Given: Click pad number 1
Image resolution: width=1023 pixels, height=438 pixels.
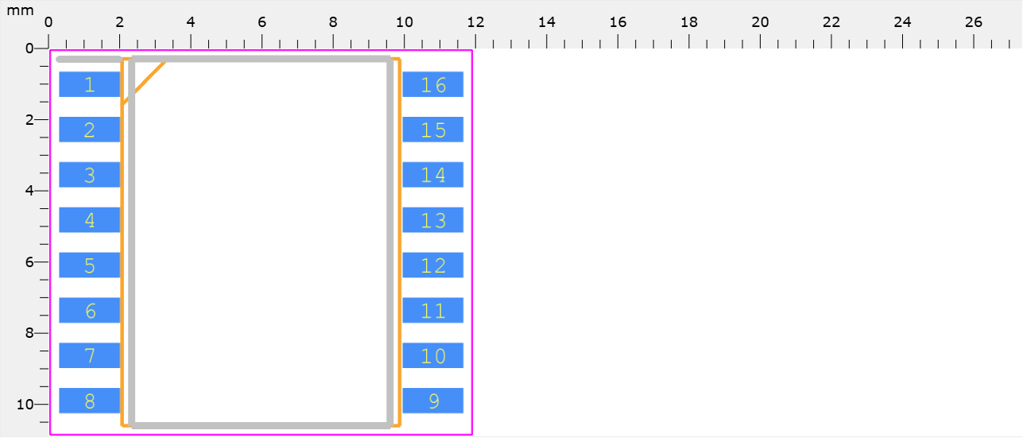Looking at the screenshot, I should coord(90,84).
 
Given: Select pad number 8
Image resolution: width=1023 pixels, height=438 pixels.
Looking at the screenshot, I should coord(90,401).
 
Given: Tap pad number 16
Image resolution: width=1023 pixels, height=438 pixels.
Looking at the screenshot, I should coord(433,84).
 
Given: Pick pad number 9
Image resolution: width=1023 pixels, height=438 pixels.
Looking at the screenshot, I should coord(433,401).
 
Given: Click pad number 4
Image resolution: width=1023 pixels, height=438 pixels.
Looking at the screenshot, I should coord(90,220).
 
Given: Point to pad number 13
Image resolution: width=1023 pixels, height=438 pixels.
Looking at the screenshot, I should coord(433,220).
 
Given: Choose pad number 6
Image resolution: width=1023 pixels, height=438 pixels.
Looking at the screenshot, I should coord(90,311).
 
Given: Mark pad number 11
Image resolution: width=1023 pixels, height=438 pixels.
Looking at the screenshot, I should coord(433,311).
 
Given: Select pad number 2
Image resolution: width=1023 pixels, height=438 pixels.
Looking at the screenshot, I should coord(90,130).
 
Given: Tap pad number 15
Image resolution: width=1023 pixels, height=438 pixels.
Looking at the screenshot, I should coord(433,130).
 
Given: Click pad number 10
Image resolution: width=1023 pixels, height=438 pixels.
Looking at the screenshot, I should coord(433,355).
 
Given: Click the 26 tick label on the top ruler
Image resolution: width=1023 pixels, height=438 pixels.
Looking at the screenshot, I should coord(974,22).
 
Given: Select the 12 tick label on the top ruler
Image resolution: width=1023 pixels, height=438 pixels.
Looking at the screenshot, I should coord(475,22).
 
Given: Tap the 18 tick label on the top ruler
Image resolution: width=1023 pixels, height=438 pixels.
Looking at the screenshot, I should coord(689,22).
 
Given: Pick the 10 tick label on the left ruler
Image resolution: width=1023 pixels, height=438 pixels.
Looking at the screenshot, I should coord(25,405).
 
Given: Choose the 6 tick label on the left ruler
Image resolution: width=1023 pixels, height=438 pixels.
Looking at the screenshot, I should coord(29,262).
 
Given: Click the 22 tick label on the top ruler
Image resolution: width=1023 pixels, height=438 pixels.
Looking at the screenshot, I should coord(831,22).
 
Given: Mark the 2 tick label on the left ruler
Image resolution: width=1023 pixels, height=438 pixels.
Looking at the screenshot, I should coord(29,120).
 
